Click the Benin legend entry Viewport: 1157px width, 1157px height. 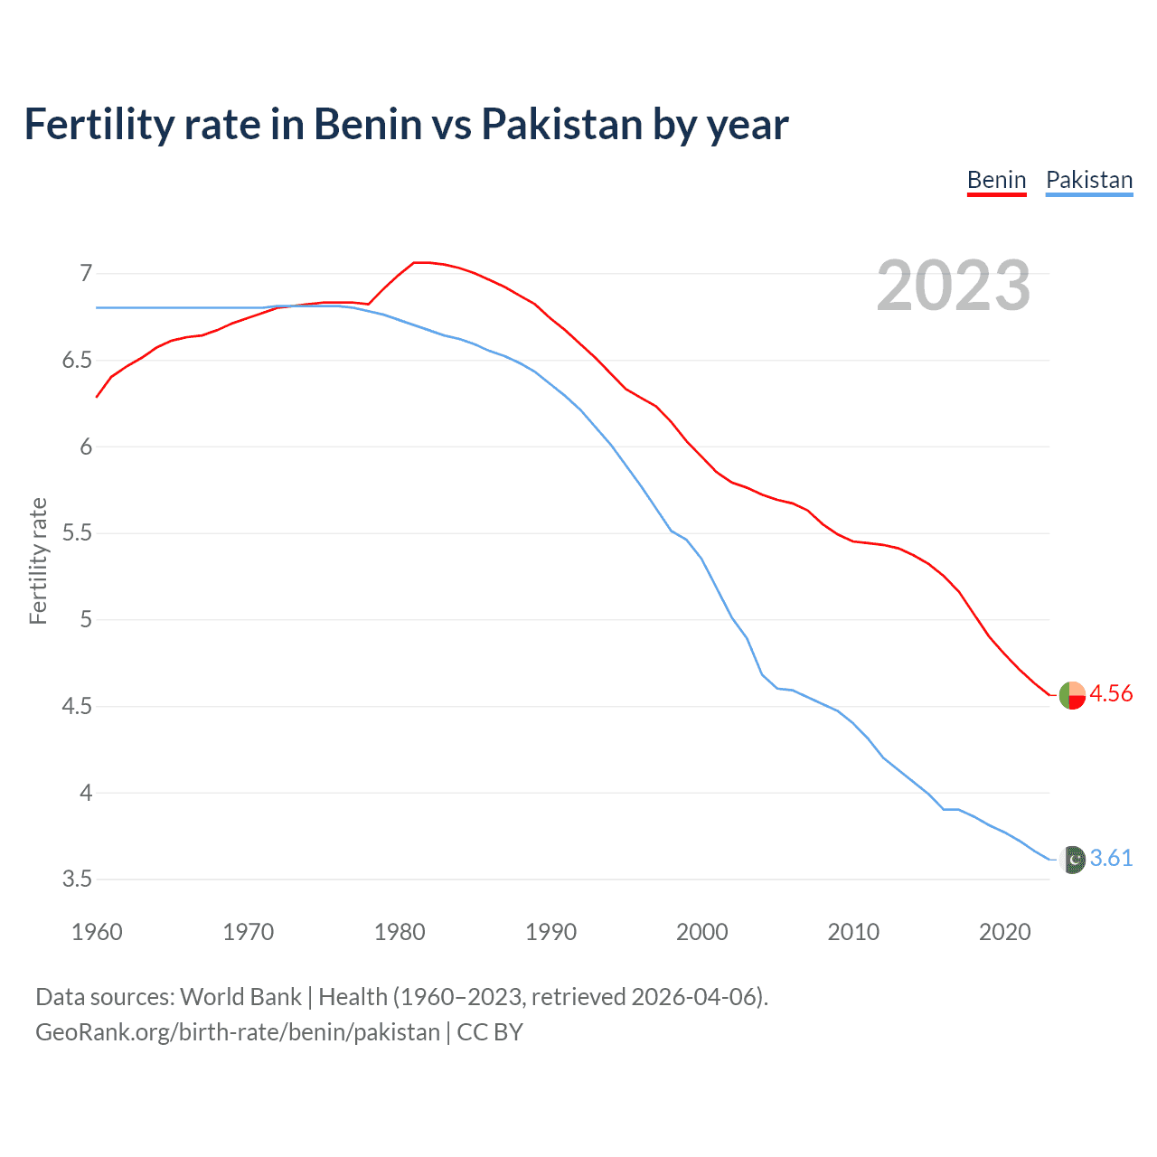coord(996,180)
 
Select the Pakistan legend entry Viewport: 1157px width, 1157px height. coord(1088,180)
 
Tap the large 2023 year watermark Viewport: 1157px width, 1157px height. coord(953,286)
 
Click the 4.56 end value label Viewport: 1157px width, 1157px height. coord(1111,693)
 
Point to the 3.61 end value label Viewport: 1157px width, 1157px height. coord(1111,858)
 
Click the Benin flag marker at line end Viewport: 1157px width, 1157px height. coord(1072,695)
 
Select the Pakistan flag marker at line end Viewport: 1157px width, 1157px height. coord(1072,860)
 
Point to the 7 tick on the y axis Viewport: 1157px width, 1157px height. coord(86,273)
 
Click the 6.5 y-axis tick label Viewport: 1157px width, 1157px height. coord(77,360)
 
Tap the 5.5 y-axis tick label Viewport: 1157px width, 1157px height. coord(77,532)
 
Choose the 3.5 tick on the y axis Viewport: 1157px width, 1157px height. coord(77,879)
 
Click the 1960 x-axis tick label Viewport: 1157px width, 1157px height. coord(97,932)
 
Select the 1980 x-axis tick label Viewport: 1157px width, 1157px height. coord(400,932)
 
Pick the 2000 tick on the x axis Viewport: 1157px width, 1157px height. coord(701,932)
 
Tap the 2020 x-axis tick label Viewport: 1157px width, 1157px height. coord(1004,932)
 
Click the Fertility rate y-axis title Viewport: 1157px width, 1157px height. coord(38,560)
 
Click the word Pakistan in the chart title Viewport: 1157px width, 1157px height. coord(560,124)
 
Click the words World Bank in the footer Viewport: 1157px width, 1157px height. coord(240,997)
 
